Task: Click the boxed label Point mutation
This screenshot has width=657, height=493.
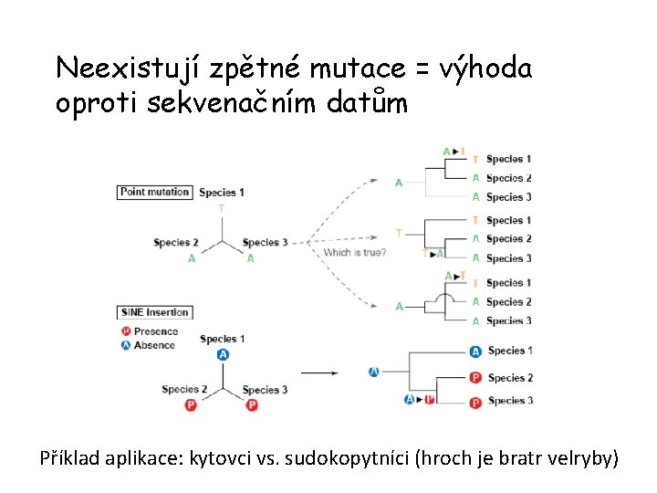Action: click(154, 192)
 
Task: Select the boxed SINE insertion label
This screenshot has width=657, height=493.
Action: click(153, 312)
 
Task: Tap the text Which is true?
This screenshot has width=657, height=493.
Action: click(355, 252)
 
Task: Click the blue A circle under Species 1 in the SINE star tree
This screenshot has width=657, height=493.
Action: click(223, 355)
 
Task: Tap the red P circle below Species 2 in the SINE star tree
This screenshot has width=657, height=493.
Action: click(191, 404)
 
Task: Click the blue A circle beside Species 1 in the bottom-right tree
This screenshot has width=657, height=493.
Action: click(475, 351)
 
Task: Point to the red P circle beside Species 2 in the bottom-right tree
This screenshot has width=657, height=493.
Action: click(475, 378)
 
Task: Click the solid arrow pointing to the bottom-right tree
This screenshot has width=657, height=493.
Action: click(319, 372)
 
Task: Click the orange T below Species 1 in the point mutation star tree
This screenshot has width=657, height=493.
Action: click(221, 208)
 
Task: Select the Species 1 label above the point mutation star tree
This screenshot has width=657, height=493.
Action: click(222, 193)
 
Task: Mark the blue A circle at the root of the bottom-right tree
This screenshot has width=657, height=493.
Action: click(374, 372)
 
